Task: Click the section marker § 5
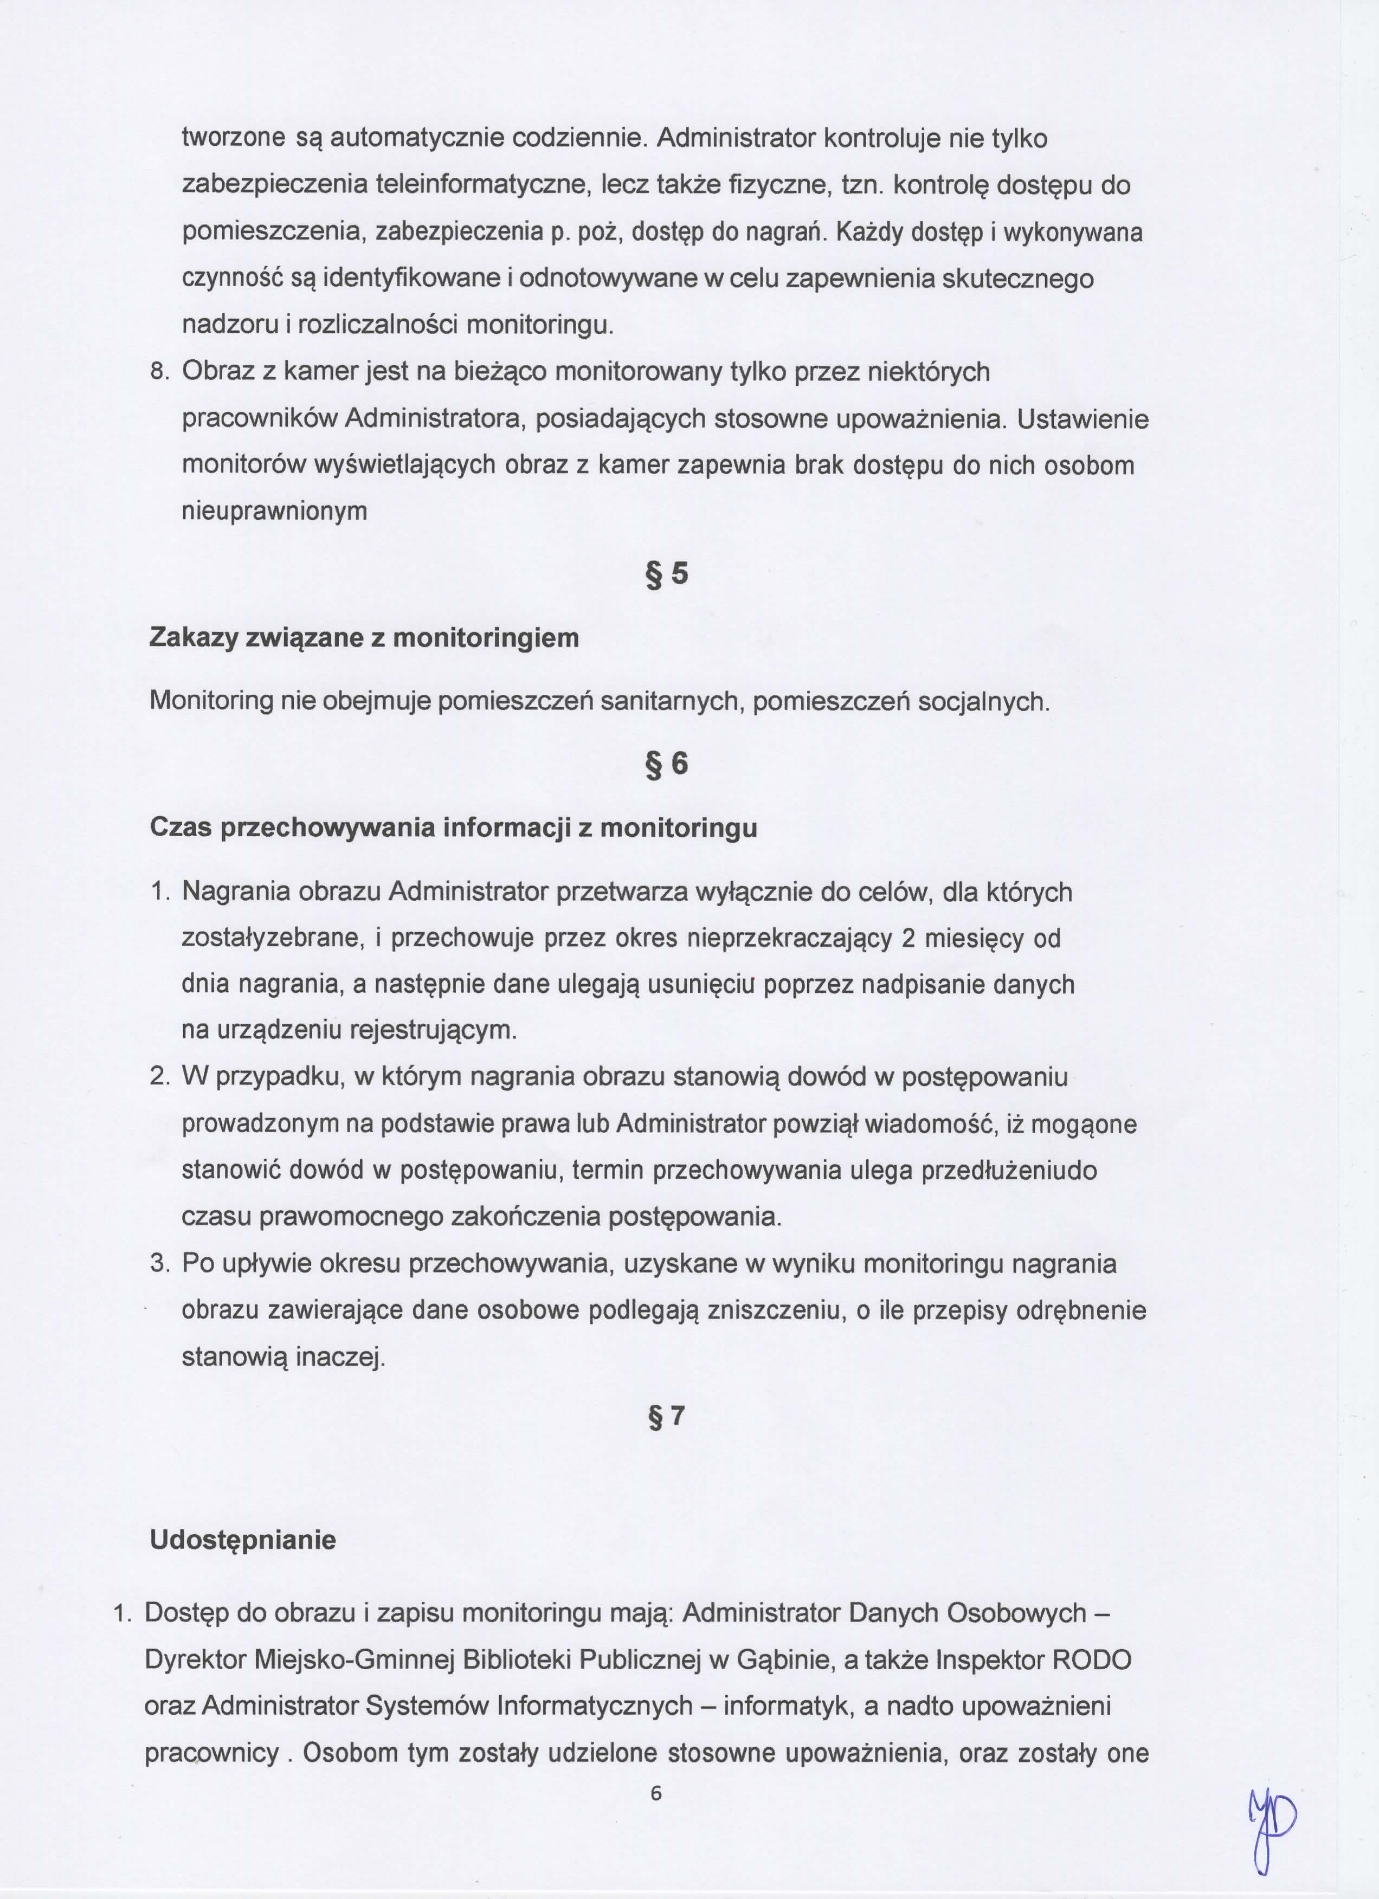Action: [x=667, y=574]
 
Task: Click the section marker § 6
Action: [x=667, y=764]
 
